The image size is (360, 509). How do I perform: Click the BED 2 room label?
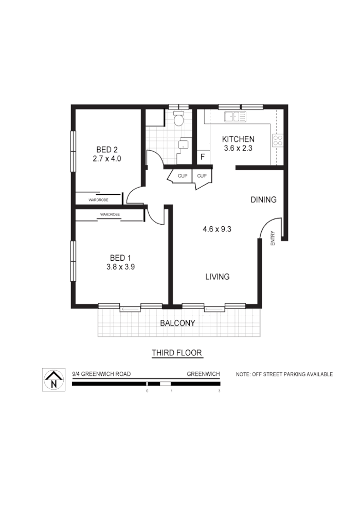(107, 150)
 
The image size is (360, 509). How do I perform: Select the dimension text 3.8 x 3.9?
(120, 267)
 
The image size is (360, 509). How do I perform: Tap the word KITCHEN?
(238, 139)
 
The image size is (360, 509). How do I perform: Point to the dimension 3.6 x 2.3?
(238, 149)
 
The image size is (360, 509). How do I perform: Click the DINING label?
(263, 199)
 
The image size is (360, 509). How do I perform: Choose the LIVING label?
(217, 277)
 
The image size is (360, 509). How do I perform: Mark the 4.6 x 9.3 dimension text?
(217, 229)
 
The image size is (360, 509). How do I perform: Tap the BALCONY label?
(177, 323)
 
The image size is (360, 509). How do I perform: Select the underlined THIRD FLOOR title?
(177, 353)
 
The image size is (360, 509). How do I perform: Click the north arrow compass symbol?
(53, 380)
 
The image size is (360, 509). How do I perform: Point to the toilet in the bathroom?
(178, 120)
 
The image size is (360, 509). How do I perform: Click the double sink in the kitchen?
(235, 117)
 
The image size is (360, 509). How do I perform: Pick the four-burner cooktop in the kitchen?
(278, 140)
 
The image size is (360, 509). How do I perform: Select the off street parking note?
(284, 374)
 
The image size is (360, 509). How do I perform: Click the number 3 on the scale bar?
(219, 391)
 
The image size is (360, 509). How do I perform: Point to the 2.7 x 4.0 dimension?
(107, 159)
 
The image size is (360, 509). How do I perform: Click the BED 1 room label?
(120, 258)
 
